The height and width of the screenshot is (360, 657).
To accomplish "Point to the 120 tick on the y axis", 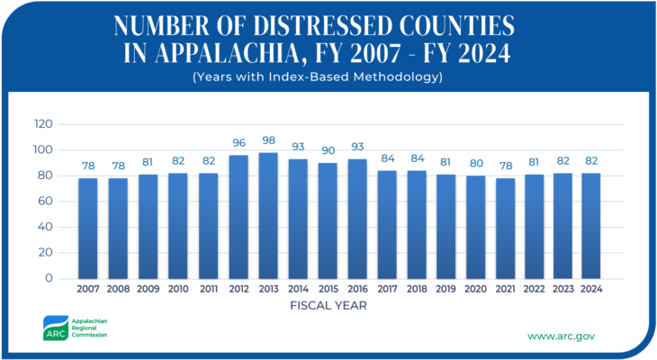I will click(x=42, y=123).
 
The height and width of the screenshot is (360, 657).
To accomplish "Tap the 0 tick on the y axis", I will click(x=49, y=278).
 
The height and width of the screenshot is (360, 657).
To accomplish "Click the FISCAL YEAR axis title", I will click(x=328, y=305).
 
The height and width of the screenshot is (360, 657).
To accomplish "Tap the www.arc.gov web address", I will click(x=561, y=336).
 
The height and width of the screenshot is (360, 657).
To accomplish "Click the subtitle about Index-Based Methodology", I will click(x=328, y=76).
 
